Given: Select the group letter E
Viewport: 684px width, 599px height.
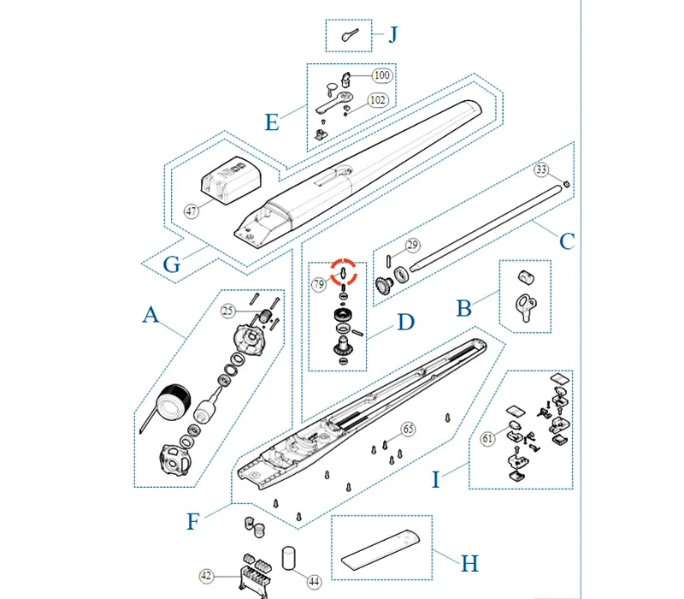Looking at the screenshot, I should pyautogui.click(x=271, y=122).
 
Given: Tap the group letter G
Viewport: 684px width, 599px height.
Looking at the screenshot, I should pyautogui.click(x=171, y=264).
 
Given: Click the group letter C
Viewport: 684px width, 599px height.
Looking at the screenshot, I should pyautogui.click(x=566, y=241).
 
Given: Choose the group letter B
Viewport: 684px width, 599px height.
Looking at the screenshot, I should pyautogui.click(x=463, y=307).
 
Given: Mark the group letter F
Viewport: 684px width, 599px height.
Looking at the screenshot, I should pyautogui.click(x=194, y=521).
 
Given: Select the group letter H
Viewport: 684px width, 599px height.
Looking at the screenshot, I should pyautogui.click(x=469, y=563).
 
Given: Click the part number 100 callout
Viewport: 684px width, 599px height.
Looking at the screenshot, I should pyautogui.click(x=381, y=76).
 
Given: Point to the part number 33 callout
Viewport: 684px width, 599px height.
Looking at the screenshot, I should pyautogui.click(x=541, y=169).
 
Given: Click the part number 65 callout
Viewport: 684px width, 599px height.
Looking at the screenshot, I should pyautogui.click(x=407, y=428).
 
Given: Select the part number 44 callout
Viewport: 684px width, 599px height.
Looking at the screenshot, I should pyautogui.click(x=314, y=582).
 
